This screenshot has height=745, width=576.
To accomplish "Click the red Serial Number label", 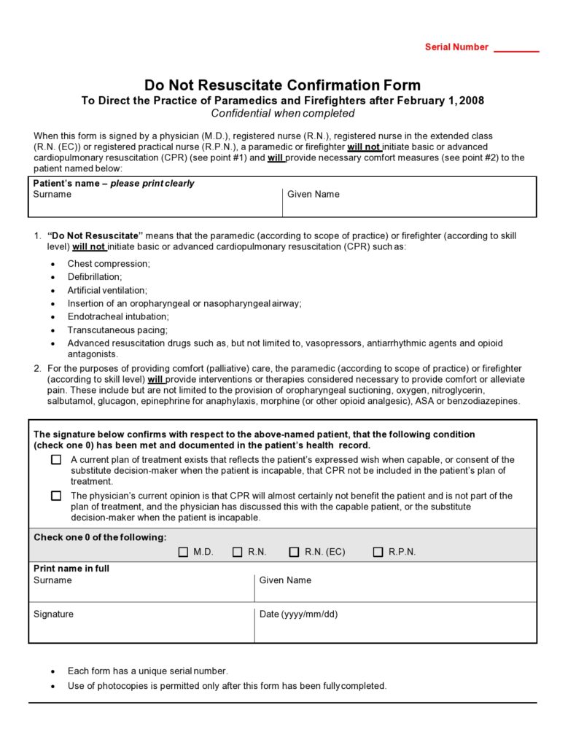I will point(456,47).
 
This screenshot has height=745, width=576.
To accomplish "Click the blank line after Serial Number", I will point(516,49).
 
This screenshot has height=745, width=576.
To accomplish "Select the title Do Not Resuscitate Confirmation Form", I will point(282,85).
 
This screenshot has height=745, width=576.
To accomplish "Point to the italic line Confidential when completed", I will point(282,113).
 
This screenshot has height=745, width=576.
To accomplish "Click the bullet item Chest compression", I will point(109,264).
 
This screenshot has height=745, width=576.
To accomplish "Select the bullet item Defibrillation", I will point(95,277).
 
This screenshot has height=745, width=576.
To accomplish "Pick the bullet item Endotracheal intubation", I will point(118,316).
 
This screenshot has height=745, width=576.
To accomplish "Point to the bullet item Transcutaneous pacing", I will point(117,329).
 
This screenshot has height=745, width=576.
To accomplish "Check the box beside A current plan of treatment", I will point(56,460).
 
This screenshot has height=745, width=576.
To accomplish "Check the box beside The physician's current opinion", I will point(56,496).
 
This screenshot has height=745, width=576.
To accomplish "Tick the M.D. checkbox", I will point(183,552).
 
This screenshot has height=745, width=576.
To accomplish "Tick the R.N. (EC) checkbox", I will point(294,552).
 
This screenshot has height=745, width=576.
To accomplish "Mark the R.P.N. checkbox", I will point(378,552).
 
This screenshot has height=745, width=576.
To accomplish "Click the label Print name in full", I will point(71,569).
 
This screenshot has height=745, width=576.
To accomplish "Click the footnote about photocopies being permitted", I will point(227,686).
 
